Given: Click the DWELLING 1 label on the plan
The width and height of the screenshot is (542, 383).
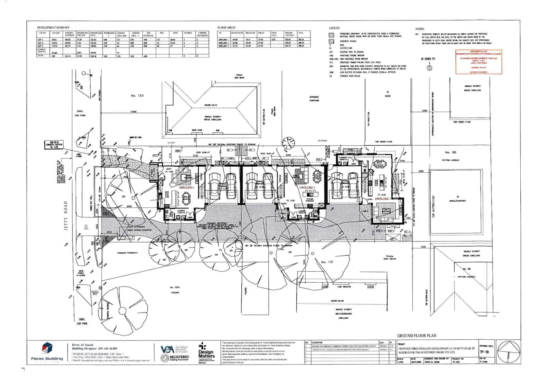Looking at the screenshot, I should click(x=186, y=187).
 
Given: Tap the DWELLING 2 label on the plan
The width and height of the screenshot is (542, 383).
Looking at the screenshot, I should click(x=307, y=188).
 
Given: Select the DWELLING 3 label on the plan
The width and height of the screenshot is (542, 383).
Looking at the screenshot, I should click(x=382, y=199).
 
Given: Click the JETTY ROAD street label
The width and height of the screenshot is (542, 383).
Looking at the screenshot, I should click(x=66, y=216).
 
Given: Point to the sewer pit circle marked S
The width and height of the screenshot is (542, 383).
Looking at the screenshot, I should click(x=429, y=68).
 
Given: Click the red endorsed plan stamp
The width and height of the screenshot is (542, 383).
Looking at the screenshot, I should click(x=478, y=62).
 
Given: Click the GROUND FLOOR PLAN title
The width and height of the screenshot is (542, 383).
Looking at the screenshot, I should click(x=417, y=335).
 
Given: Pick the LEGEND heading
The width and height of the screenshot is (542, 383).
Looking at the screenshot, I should click(x=334, y=28).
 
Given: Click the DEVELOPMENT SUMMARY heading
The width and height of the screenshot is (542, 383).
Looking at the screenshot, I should click(x=53, y=27).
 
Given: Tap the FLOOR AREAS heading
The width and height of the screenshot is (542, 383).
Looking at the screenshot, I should click(x=226, y=27).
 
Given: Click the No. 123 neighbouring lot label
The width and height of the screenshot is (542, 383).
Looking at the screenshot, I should click(x=137, y=96).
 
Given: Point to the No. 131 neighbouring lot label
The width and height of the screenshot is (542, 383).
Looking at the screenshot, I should click(x=327, y=262).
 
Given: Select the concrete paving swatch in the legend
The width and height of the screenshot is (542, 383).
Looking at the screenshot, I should click(x=332, y=41).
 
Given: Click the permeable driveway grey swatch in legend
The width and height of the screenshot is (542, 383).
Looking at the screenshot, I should click(x=332, y=35).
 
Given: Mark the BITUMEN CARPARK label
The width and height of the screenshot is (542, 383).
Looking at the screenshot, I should click(x=314, y=99).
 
